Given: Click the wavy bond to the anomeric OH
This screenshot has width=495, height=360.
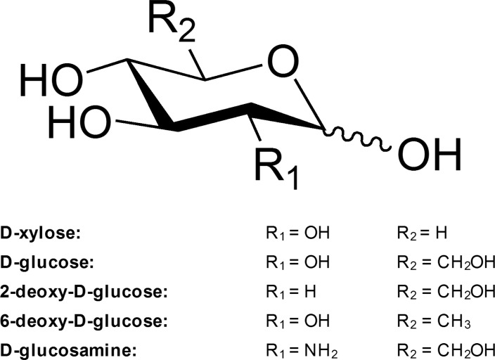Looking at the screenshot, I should pyautogui.click(x=359, y=138).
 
